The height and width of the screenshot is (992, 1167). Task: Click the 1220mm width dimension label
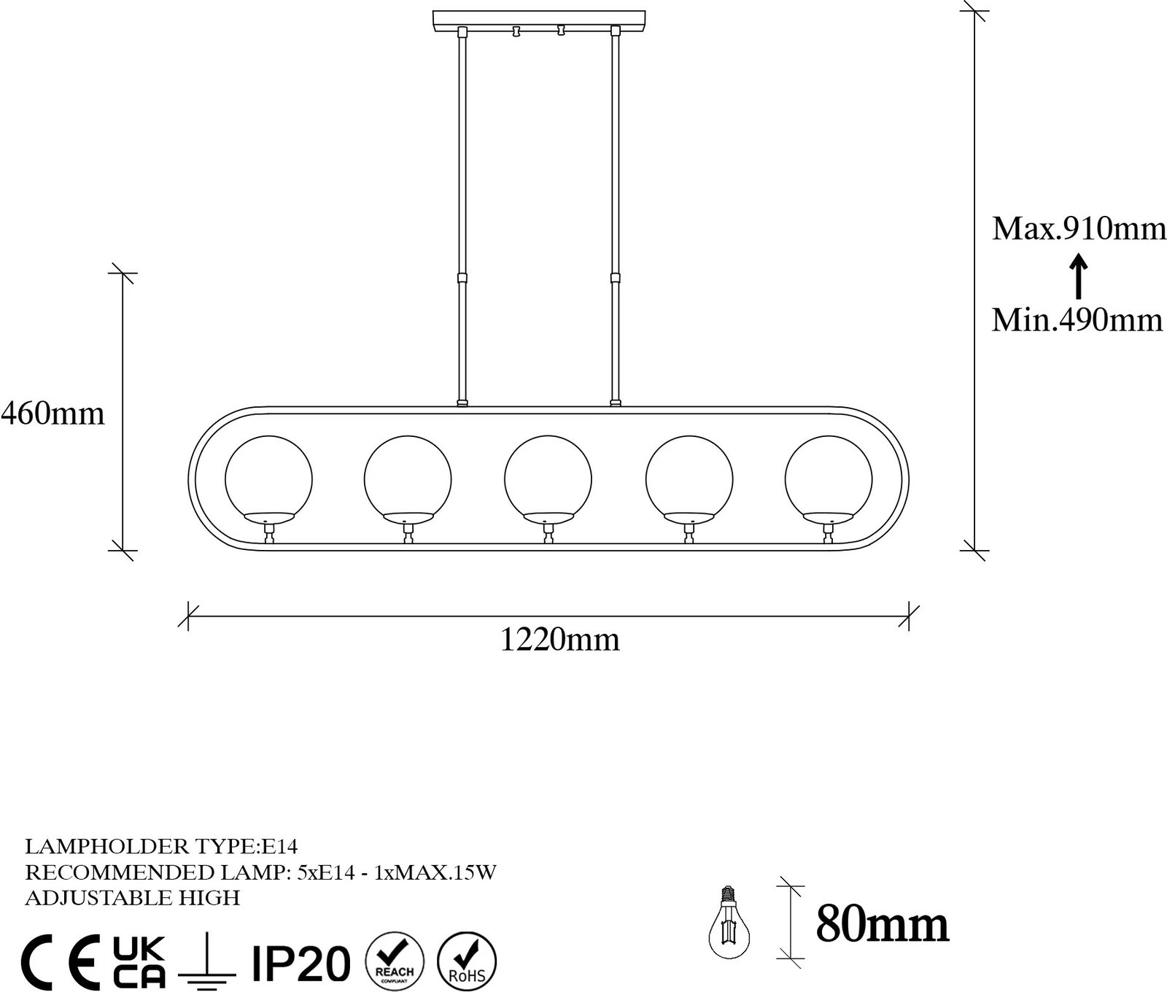point(560,640)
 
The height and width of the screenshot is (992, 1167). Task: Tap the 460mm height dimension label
point(53,414)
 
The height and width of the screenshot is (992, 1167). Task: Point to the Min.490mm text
point(1077,319)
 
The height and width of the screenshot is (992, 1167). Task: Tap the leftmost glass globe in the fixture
point(268,479)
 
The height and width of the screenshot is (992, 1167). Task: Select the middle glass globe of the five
point(548,479)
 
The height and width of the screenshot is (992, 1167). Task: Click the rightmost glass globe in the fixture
point(828,479)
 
